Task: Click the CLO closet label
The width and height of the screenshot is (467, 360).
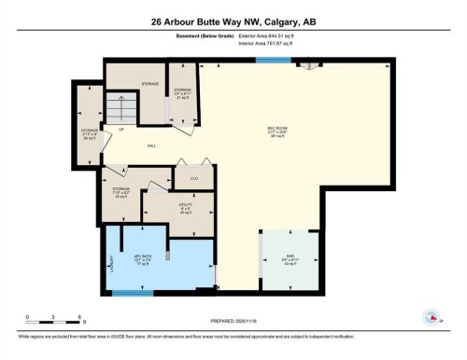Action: click(x=194, y=177)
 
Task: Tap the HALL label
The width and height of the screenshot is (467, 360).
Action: click(x=151, y=146)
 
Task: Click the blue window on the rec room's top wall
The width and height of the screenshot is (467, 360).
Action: click(x=274, y=61)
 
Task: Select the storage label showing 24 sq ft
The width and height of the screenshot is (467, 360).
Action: click(x=89, y=132)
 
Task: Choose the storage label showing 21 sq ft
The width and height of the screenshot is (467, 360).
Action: click(x=182, y=93)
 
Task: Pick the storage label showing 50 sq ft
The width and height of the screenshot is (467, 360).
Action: click(x=120, y=192)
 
